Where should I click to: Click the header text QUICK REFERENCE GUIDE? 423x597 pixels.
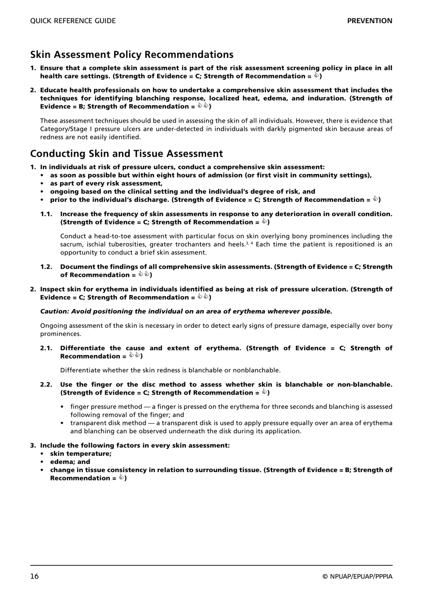tap(73, 21)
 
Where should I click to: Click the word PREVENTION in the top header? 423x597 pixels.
tap(370, 21)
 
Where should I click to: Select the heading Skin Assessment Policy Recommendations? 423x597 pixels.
tap(132, 55)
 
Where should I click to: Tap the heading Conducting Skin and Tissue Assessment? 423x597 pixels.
tap(126, 154)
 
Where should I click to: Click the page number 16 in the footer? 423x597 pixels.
tap(34, 577)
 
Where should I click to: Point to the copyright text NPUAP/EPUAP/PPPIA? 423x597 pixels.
tap(361, 577)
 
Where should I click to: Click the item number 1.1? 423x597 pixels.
tap(46, 214)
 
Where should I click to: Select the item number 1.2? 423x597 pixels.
tap(46, 267)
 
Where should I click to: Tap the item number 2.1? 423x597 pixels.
tap(46, 348)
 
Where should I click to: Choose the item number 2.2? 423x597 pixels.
tap(46, 385)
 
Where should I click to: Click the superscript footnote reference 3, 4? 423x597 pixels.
tap(249, 243)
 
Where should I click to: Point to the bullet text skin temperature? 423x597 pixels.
tap(81, 454)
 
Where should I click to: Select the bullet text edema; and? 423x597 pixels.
tap(70, 462)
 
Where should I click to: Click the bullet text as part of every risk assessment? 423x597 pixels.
tap(106, 183)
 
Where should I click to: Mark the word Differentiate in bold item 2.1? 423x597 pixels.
tap(82, 348)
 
